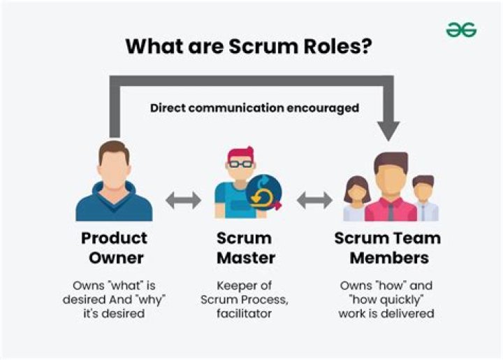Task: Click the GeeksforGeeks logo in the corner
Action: (x=461, y=29)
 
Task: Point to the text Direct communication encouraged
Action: (x=254, y=108)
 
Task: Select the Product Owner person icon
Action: (x=113, y=181)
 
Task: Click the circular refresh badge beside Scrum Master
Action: (x=265, y=192)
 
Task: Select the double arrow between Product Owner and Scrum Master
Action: (x=183, y=201)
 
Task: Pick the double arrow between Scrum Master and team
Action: (x=314, y=201)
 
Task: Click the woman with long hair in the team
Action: (x=357, y=199)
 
